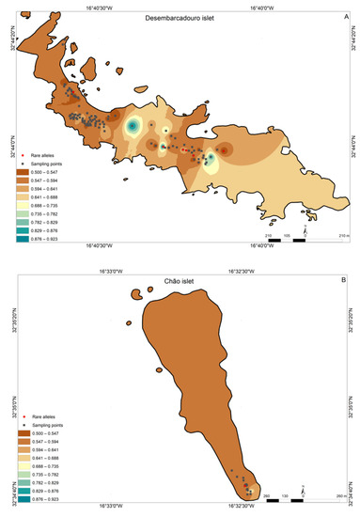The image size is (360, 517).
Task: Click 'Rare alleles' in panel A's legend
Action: point(52,150)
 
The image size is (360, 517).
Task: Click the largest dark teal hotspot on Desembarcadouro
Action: point(133,125)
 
